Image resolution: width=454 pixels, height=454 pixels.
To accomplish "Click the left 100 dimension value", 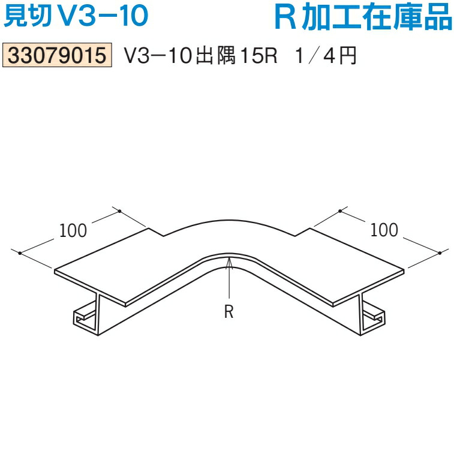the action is [73, 229].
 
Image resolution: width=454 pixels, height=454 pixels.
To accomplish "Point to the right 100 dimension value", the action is [384, 229].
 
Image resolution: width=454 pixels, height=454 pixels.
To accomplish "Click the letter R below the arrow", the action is [228, 312].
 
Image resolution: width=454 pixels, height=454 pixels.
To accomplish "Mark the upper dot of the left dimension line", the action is [120, 211].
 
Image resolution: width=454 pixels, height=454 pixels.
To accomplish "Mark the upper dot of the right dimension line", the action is [339, 211].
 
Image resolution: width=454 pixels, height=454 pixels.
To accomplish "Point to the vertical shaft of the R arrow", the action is [228, 282].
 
